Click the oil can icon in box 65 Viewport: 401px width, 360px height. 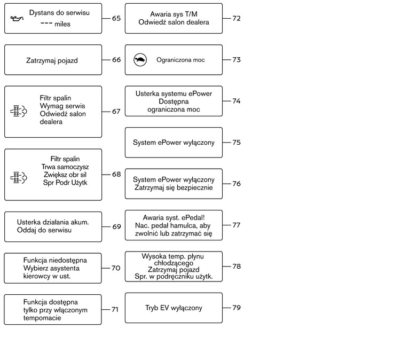click(17, 18)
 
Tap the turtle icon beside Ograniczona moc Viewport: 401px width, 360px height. click(140, 60)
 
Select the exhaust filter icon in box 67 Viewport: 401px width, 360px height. click(18, 111)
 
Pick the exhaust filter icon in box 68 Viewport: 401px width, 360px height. click(18, 177)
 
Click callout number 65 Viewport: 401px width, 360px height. click(116, 18)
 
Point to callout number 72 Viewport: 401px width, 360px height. click(237, 18)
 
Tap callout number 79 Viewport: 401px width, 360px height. click(237, 308)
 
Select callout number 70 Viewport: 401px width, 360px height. click(116, 268)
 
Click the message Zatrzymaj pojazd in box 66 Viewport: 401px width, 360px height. click(52, 61)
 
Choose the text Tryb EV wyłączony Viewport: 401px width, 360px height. click(174, 308)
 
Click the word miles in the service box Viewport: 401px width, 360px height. click(62, 24)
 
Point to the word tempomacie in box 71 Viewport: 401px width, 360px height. click(42, 318)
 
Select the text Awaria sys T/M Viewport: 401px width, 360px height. click(174, 14)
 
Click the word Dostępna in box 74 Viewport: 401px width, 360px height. click(174, 101)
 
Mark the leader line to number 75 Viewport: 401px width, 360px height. click(226, 143)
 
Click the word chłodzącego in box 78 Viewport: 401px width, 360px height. click(174, 263)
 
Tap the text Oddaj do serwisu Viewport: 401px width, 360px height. click(44, 230)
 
